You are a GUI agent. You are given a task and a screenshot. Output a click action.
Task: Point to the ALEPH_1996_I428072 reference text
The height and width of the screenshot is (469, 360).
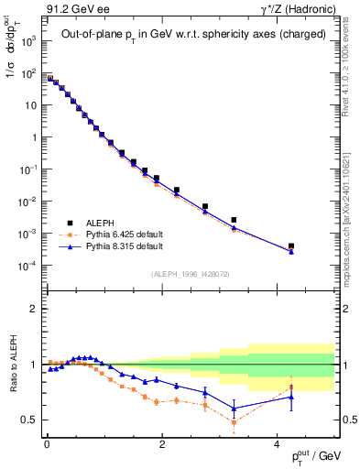[x=189, y=274]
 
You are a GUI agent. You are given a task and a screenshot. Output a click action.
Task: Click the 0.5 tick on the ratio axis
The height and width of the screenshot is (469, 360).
[x=32, y=420]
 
